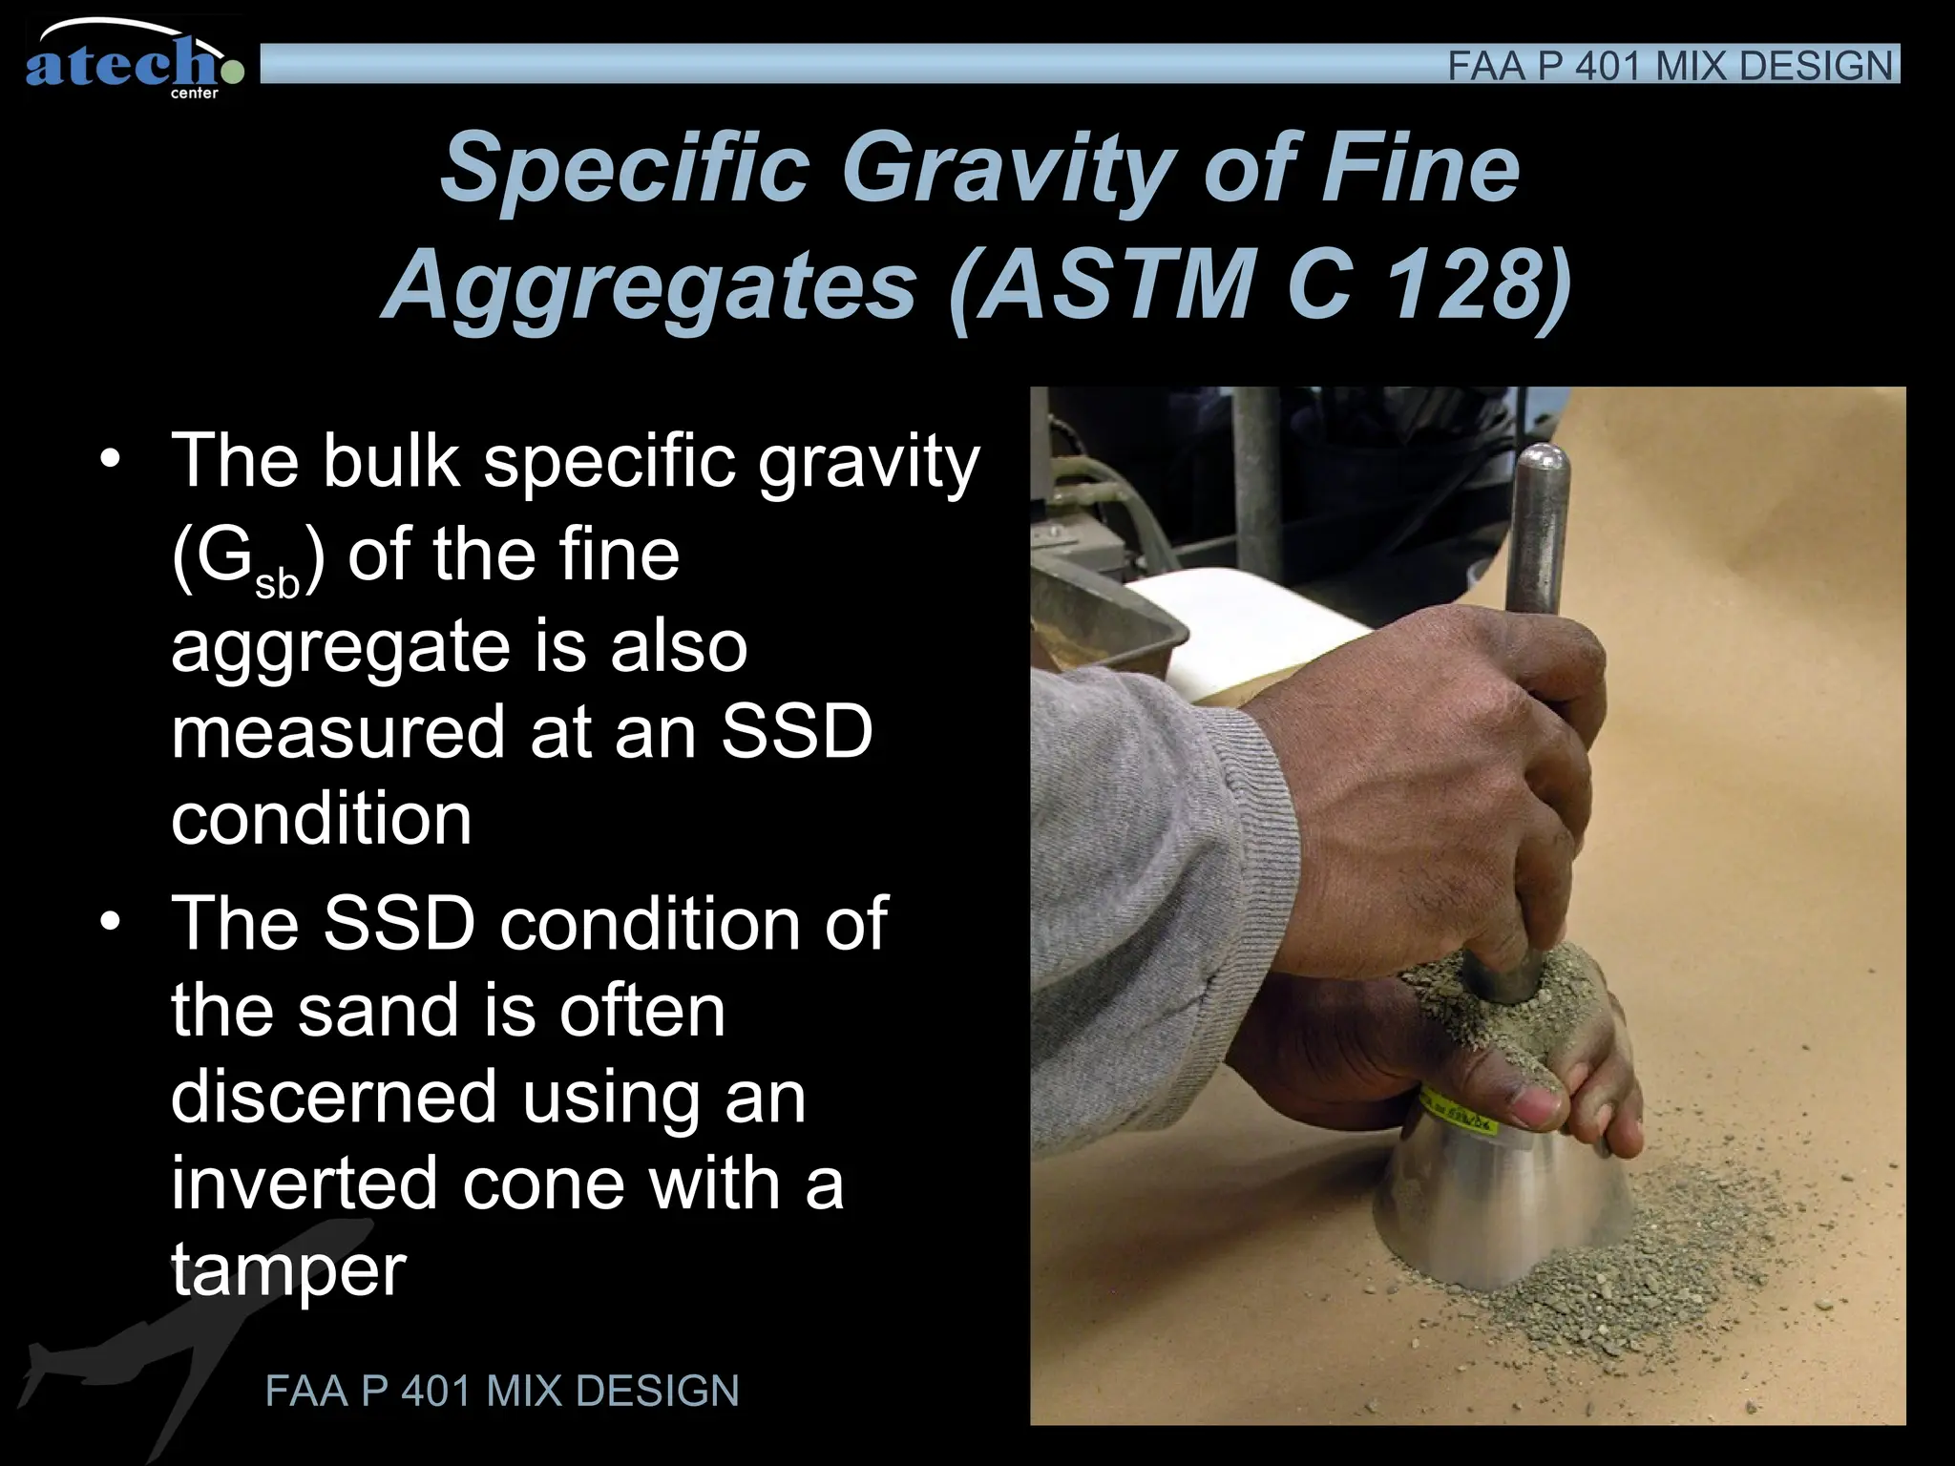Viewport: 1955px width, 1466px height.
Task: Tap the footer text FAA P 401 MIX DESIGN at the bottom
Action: click(x=502, y=1391)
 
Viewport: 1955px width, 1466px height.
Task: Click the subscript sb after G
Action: click(x=277, y=582)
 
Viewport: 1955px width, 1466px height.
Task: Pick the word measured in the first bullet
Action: click(x=338, y=732)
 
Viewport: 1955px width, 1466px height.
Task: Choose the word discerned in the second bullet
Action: click(x=334, y=1097)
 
